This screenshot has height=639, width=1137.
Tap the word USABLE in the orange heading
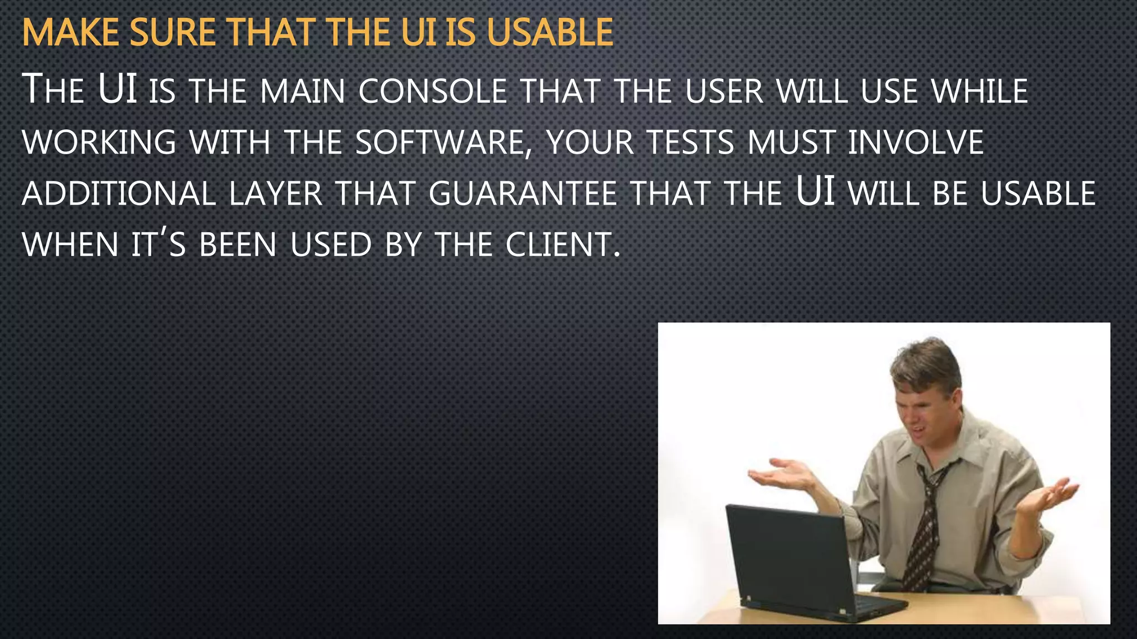point(550,33)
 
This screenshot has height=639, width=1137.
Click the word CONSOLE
point(432,91)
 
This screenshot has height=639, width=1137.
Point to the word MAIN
point(303,91)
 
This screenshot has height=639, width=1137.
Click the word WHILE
point(980,91)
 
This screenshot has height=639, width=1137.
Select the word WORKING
point(99,143)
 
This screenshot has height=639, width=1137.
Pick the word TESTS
point(691,143)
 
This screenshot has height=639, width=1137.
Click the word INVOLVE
point(915,143)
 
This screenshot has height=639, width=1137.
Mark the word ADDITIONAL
point(119,194)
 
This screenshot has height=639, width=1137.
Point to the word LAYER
point(275,194)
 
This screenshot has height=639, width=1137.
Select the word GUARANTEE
point(522,194)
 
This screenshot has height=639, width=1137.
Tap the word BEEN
point(238,245)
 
